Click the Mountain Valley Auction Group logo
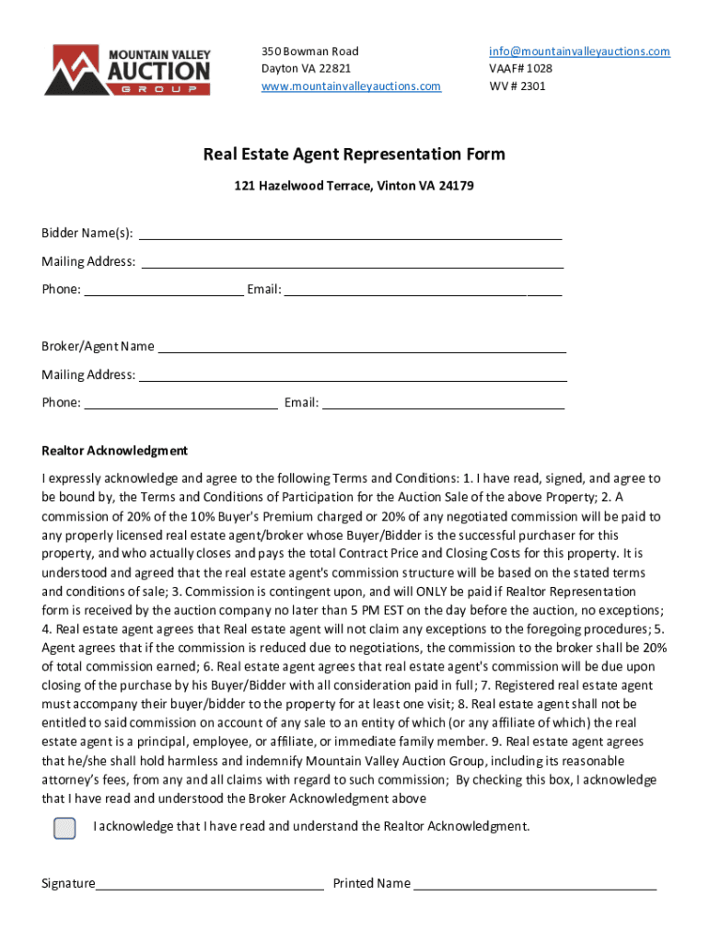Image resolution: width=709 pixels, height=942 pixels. click(x=128, y=70)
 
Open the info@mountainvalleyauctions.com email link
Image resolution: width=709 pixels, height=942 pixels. click(x=579, y=52)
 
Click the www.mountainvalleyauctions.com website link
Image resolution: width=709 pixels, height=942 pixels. click(x=351, y=86)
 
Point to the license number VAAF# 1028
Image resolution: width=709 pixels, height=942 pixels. click(x=520, y=69)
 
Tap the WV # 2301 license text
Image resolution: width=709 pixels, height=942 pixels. click(x=517, y=86)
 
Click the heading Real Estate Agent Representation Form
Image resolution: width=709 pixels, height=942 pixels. click(x=354, y=154)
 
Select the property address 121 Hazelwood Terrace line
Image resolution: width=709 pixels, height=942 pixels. click(x=354, y=186)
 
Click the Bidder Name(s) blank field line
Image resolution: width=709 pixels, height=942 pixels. click(x=350, y=233)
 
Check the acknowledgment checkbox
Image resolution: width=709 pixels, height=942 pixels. click(x=64, y=828)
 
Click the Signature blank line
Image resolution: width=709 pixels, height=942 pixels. click(x=210, y=884)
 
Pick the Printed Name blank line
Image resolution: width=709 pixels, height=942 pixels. click(x=535, y=884)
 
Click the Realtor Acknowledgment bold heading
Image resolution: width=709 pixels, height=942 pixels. click(x=114, y=451)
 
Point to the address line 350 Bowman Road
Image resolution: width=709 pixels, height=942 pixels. click(x=309, y=52)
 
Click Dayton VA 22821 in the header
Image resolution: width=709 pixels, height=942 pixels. click(x=306, y=69)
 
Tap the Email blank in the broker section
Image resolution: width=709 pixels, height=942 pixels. click(x=443, y=403)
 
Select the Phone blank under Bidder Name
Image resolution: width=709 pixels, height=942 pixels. click(x=163, y=291)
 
